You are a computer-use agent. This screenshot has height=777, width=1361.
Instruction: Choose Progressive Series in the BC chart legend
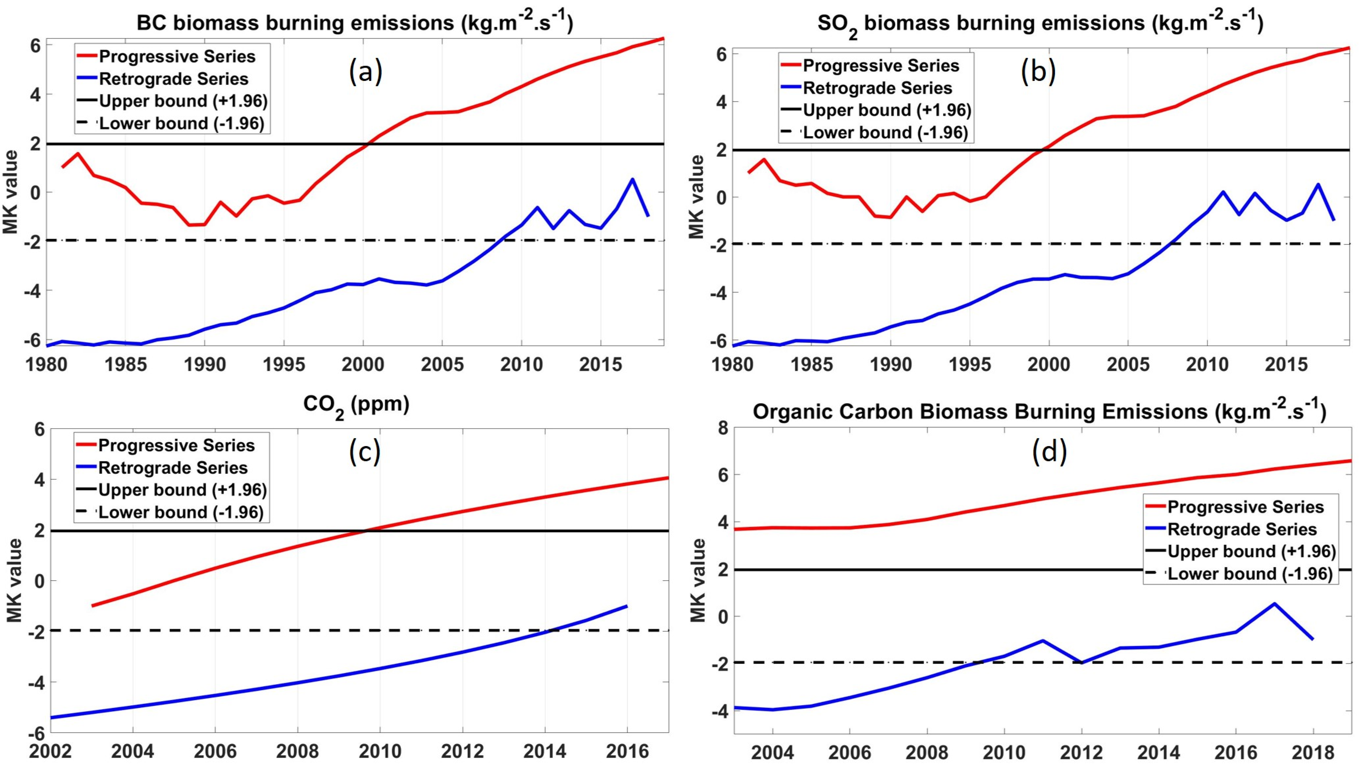[177, 57]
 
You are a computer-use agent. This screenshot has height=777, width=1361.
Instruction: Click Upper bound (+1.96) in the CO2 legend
[182, 490]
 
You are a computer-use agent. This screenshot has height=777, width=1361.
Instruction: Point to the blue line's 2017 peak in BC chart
[632, 179]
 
